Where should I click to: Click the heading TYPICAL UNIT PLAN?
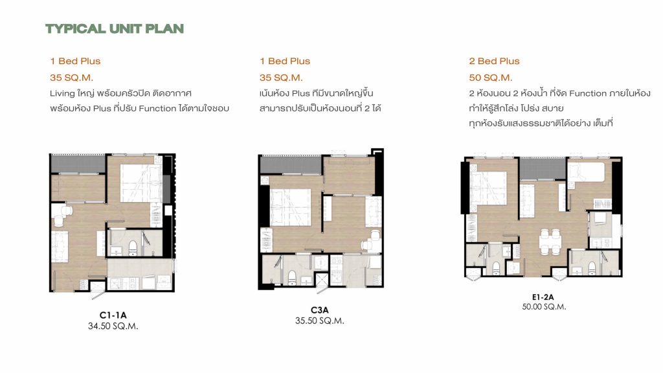click(x=115, y=28)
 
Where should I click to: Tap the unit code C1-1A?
click(x=113, y=315)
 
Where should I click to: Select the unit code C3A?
click(x=320, y=310)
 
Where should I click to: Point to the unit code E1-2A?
click(x=543, y=297)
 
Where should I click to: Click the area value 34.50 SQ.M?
click(x=113, y=326)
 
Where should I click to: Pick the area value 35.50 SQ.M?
click(x=320, y=321)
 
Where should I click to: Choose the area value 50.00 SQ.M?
click(x=544, y=306)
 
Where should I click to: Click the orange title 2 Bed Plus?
click(x=494, y=61)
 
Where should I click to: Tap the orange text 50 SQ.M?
click(x=491, y=78)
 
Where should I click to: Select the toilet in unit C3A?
click(x=292, y=277)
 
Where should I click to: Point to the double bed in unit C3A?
click(x=291, y=207)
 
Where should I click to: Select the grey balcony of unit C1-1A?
click(x=78, y=164)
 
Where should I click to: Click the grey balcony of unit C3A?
click(x=291, y=164)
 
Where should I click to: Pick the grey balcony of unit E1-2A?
click(x=543, y=169)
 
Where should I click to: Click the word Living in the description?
click(x=62, y=93)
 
